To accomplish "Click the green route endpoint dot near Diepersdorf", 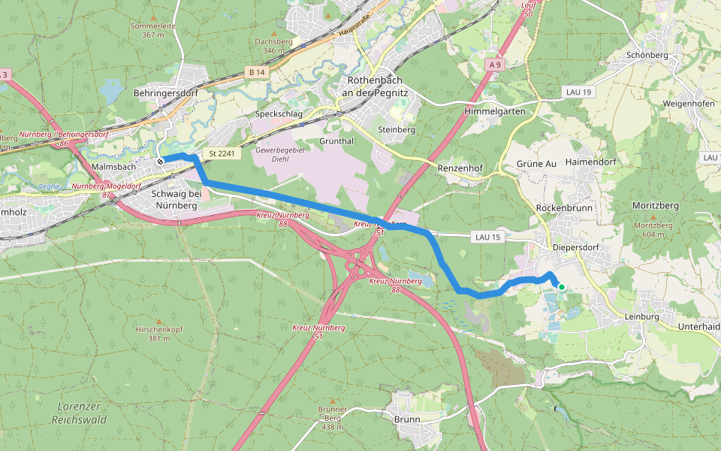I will click(x=561, y=286).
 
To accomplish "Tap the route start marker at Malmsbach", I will click(x=160, y=161).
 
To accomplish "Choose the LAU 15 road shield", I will click(x=487, y=237).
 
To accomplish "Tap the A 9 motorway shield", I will click(x=493, y=65).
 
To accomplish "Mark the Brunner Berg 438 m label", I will click(x=332, y=418).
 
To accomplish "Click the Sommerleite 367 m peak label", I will click(x=152, y=29).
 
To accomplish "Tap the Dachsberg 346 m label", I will click(x=272, y=46).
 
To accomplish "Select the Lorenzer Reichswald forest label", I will click(x=79, y=413).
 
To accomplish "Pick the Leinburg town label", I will click(x=641, y=316).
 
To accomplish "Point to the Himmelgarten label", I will click(x=495, y=110).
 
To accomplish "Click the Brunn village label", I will click(x=407, y=419).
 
